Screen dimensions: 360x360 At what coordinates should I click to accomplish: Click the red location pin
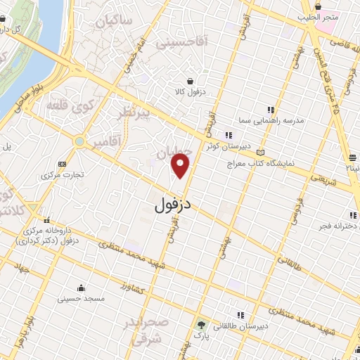point(181,166)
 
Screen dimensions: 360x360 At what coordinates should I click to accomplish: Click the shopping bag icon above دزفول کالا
point(190,81)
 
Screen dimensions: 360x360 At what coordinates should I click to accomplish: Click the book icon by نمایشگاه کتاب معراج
point(261,151)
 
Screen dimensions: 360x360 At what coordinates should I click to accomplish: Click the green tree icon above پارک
point(201,326)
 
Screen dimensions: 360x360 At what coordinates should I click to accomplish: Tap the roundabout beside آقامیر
point(79,143)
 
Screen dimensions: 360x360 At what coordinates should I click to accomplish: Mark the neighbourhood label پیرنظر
point(135,112)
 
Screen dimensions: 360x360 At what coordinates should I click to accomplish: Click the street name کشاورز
point(131,288)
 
